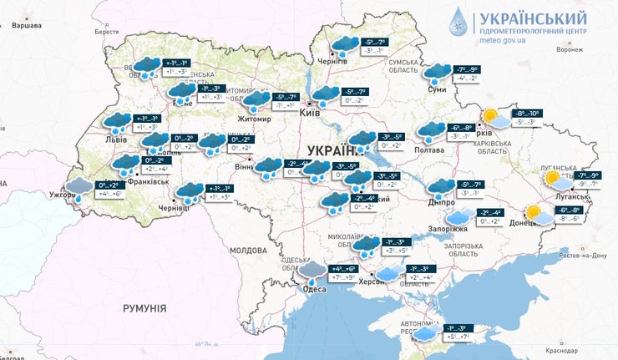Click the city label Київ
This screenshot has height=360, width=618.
pos(309,111)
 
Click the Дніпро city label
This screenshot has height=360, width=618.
pos(439,201)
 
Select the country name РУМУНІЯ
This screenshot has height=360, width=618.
pos(144,309)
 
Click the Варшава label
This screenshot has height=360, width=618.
pos(27,25)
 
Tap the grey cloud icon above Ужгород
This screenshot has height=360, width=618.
pos(79,187)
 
